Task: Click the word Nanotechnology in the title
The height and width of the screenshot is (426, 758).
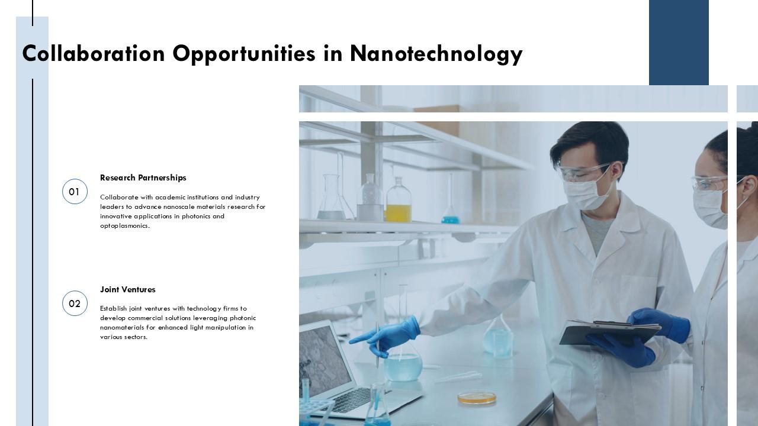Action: (x=436, y=54)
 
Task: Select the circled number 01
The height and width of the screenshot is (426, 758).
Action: (x=75, y=192)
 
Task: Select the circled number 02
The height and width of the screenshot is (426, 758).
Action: (x=75, y=304)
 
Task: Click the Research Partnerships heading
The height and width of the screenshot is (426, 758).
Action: (x=143, y=177)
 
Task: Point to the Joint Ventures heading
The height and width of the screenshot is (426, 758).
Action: (x=127, y=289)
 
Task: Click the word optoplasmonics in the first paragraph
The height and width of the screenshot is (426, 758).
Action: (x=124, y=225)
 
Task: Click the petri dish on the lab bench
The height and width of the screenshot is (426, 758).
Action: (x=477, y=398)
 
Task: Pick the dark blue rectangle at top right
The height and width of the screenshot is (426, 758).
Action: (x=679, y=43)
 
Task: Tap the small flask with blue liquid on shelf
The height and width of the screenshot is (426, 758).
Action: (x=450, y=218)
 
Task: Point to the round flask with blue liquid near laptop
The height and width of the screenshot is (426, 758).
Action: (x=403, y=365)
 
